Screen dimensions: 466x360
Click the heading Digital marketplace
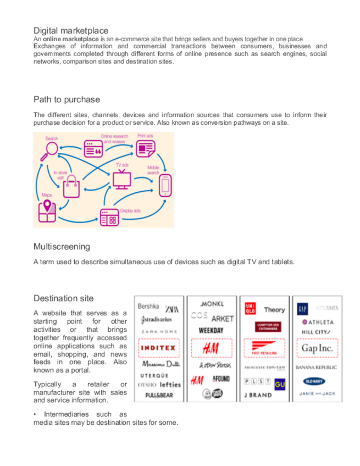click(x=71, y=30)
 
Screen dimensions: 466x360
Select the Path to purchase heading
click(x=67, y=99)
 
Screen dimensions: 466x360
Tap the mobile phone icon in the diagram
click(x=165, y=185)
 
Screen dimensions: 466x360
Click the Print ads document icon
click(x=145, y=148)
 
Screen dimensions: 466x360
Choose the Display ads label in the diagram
click(x=130, y=210)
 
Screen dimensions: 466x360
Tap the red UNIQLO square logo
click(x=251, y=310)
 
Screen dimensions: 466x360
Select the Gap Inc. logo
click(x=318, y=348)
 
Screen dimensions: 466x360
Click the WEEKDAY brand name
click(x=211, y=330)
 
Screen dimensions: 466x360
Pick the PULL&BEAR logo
click(x=159, y=395)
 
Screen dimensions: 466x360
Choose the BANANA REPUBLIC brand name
click(x=316, y=367)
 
